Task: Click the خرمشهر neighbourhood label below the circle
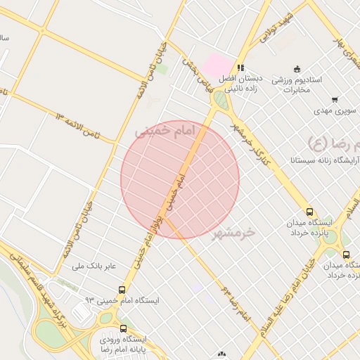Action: tap(235, 232)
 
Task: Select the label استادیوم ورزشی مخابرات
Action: tap(297, 84)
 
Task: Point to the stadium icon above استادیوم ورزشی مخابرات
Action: tap(297, 69)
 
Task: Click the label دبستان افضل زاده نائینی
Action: tap(242, 84)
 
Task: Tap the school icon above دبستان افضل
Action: tap(241, 69)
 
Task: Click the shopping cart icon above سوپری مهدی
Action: tap(335, 99)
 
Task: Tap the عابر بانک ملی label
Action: tap(99, 266)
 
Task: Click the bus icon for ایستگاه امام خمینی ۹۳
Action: tap(122, 290)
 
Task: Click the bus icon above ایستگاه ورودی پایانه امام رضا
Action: tap(124, 328)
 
